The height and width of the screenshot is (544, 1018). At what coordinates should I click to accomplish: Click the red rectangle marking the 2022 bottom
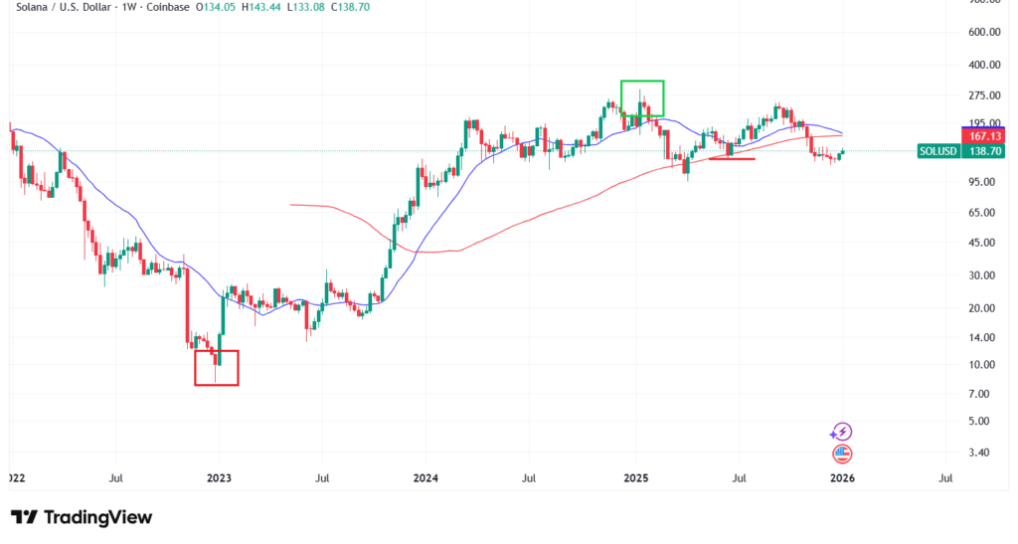click(216, 367)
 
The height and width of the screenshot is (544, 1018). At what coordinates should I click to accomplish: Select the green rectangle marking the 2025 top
click(642, 97)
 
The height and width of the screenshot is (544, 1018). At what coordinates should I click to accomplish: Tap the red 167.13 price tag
click(984, 135)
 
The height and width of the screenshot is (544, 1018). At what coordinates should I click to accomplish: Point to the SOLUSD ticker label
click(939, 151)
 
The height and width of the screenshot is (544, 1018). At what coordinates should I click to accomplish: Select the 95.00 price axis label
click(980, 181)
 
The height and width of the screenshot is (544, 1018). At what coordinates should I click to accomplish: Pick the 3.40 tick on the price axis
click(978, 453)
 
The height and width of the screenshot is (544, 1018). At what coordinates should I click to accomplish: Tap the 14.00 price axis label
click(980, 338)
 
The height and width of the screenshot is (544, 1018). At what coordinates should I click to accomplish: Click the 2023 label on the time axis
click(219, 478)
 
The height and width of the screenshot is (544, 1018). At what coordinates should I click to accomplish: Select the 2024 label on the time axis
click(426, 478)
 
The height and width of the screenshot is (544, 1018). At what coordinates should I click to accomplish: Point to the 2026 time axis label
click(842, 478)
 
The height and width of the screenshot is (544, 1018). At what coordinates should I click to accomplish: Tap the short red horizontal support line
click(732, 158)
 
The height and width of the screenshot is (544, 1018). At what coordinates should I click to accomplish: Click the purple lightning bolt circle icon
click(842, 432)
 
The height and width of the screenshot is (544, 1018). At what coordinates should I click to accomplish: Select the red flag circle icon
click(842, 453)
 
